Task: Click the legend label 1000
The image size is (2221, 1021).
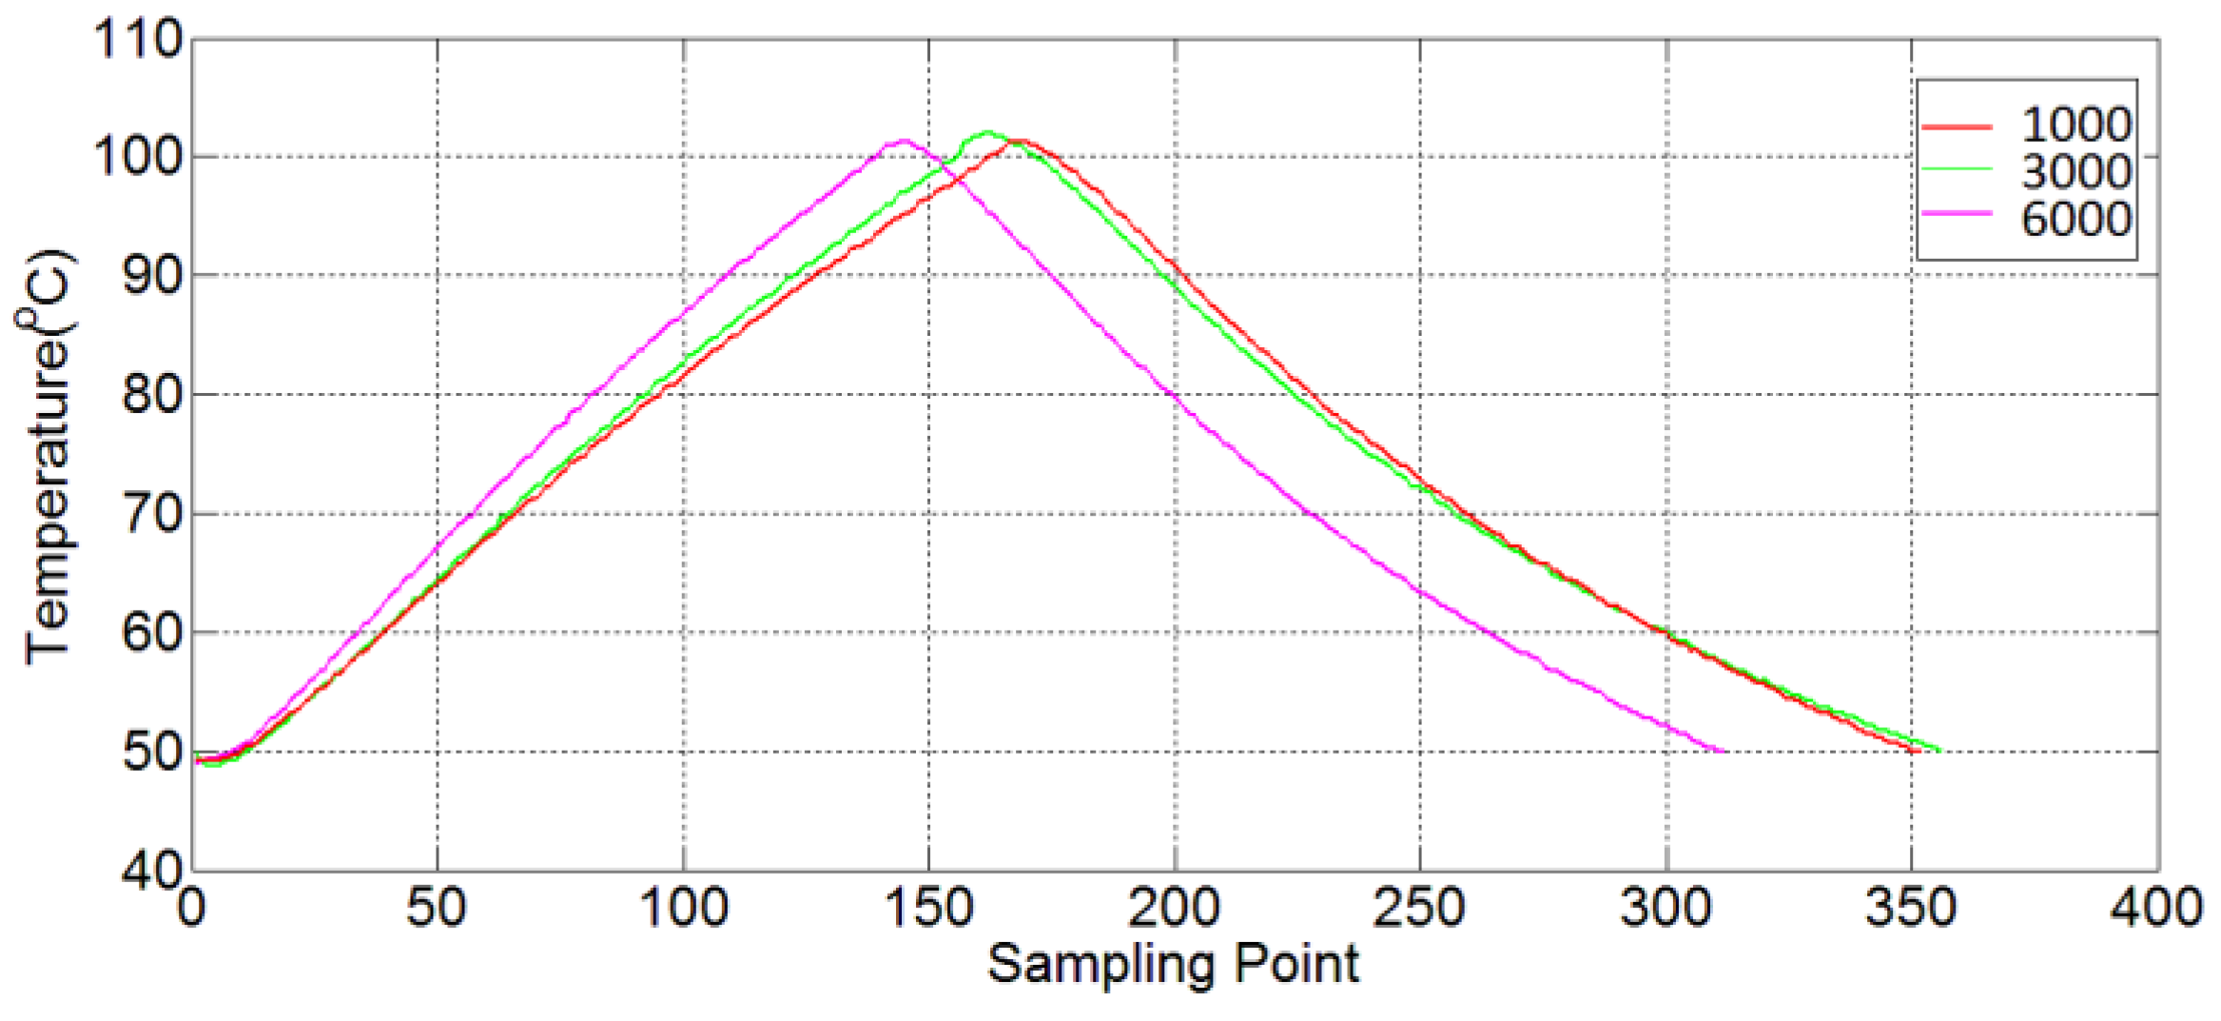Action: click(x=2075, y=125)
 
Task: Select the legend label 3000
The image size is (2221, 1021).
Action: click(x=2075, y=172)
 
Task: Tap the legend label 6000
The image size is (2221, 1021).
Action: click(x=2075, y=219)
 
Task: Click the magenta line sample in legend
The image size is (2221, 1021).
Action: click(x=1957, y=214)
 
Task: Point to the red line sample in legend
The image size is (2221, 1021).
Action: click(x=1957, y=126)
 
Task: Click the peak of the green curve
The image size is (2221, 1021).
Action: click(x=987, y=132)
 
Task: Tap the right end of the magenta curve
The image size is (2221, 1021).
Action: click(x=1724, y=751)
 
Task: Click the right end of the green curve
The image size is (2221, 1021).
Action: click(x=1939, y=750)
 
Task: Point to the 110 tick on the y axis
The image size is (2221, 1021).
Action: click(x=139, y=40)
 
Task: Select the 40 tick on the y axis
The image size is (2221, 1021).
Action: click(x=152, y=870)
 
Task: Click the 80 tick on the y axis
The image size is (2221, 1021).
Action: click(x=152, y=394)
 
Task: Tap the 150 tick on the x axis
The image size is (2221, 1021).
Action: click(x=929, y=908)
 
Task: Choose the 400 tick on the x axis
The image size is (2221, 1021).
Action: click(x=2156, y=908)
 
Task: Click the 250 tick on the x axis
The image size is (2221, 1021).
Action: click(x=1419, y=908)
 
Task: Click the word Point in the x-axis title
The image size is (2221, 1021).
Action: click(x=1297, y=963)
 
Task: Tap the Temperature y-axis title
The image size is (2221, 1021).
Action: click(x=48, y=457)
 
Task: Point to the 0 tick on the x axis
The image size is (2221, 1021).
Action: click(x=192, y=908)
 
